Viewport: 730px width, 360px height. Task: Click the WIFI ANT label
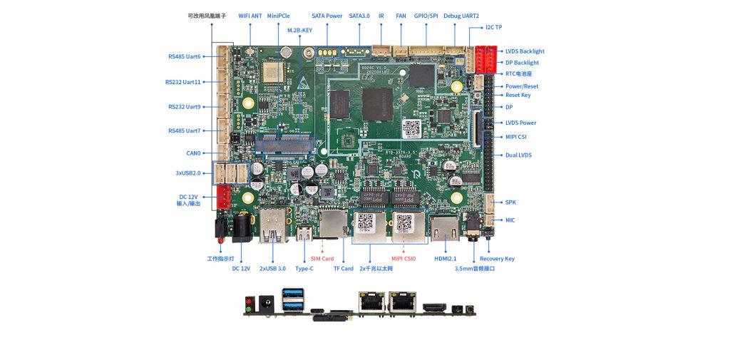[250, 15]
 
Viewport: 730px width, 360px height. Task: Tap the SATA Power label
[327, 15]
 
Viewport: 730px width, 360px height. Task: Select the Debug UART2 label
[461, 15]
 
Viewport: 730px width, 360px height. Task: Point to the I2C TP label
[494, 27]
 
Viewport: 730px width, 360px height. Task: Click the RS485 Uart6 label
[185, 56]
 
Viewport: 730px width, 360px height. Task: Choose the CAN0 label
[193, 153]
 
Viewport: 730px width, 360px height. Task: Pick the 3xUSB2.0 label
[188, 173]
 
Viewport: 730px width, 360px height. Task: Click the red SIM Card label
[322, 259]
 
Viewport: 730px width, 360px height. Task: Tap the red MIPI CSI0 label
[403, 259]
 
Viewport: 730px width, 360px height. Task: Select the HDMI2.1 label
[445, 259]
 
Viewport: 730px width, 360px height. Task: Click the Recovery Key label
[497, 259]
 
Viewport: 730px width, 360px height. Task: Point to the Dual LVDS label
[518, 155]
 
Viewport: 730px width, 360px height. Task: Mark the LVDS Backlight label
[525, 51]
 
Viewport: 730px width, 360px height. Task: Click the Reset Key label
[518, 95]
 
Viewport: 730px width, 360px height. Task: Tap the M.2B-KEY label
[299, 31]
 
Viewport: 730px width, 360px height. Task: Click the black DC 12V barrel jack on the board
[241, 227]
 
